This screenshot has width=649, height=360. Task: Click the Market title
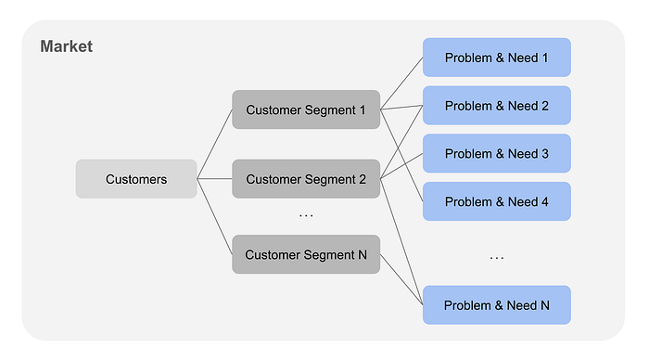pyautogui.click(x=66, y=46)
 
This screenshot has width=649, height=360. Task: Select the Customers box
pyautogui.click(x=136, y=179)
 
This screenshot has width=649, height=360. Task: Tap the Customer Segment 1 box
pyautogui.click(x=306, y=109)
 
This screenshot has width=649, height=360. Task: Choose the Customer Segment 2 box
pyautogui.click(x=306, y=179)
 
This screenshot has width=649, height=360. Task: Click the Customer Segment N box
pyautogui.click(x=306, y=254)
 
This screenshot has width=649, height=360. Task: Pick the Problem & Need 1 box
pyautogui.click(x=497, y=58)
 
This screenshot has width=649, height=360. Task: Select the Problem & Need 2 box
pyautogui.click(x=497, y=106)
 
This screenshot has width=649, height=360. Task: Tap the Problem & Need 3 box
pyautogui.click(x=497, y=154)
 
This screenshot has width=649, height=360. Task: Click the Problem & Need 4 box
pyautogui.click(x=497, y=201)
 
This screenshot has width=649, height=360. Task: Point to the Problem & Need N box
pyautogui.click(x=497, y=305)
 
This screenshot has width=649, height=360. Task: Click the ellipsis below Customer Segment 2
pyautogui.click(x=306, y=216)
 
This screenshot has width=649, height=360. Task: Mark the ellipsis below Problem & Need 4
pyautogui.click(x=497, y=258)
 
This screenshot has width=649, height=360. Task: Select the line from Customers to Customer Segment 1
pyautogui.click(x=214, y=144)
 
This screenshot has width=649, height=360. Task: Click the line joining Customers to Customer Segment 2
pyautogui.click(x=214, y=179)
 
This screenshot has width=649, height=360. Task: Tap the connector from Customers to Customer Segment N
pyautogui.click(x=214, y=217)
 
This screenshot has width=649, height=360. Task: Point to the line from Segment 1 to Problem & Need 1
pyautogui.click(x=401, y=84)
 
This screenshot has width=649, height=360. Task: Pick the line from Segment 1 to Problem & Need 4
pyautogui.click(x=401, y=156)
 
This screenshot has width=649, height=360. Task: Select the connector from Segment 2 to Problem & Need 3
pyautogui.click(x=401, y=166)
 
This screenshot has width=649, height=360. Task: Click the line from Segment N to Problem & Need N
pyautogui.click(x=401, y=279)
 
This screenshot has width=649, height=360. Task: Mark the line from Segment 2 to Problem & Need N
pyautogui.click(x=401, y=242)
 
